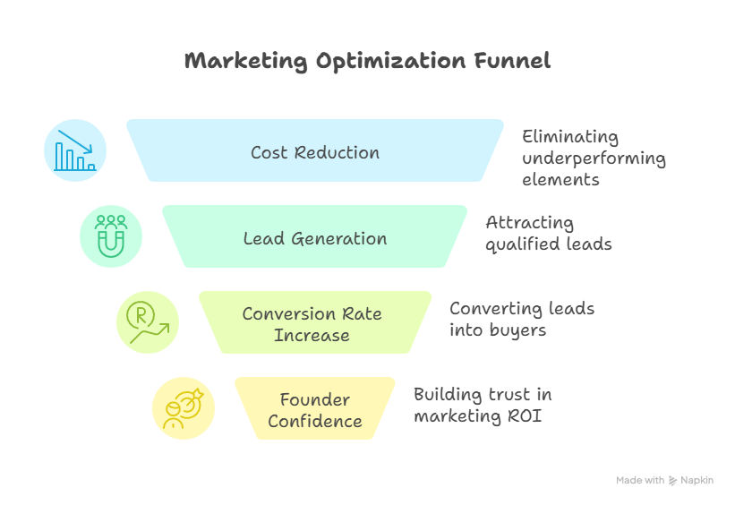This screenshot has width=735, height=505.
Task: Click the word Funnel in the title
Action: (512, 61)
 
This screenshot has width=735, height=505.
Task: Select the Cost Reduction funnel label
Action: (315, 153)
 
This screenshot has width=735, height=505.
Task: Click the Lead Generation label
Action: (315, 239)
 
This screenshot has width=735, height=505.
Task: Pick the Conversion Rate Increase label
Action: (312, 324)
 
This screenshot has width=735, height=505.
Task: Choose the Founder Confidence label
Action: (315, 410)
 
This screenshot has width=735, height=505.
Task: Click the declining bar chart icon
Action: (75, 150)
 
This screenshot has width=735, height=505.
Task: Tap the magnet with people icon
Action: (111, 236)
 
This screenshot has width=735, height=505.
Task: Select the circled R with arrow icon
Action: (148, 322)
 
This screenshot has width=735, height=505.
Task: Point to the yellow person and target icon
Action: (184, 408)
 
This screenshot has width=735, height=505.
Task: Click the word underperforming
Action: (594, 159)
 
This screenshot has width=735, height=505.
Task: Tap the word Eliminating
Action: (570, 137)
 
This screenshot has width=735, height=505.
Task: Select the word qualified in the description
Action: (523, 244)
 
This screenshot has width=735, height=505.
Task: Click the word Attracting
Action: (530, 223)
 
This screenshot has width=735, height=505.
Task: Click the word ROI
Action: (525, 416)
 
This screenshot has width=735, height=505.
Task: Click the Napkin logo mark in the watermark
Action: (672, 481)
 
